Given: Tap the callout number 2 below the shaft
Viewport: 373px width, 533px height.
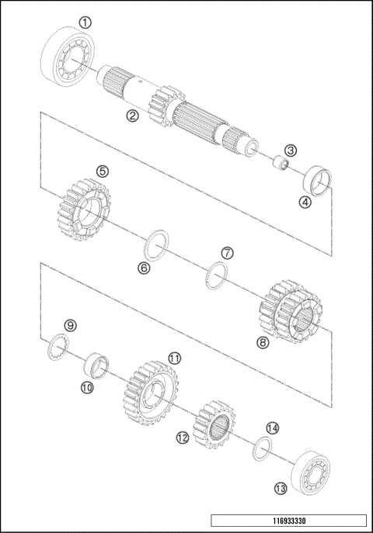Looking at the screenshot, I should pos(133,116).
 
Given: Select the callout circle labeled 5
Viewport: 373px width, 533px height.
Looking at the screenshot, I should pos(102,171).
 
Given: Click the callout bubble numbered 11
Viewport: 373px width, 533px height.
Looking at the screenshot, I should pos(175,358).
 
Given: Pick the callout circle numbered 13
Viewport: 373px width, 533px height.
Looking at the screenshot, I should pos(280,488).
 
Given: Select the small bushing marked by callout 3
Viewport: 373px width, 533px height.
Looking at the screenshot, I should pos(280,165).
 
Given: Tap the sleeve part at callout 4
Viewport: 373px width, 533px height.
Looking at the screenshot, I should pos(316,179).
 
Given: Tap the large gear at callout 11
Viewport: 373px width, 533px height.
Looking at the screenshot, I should pos(150,395).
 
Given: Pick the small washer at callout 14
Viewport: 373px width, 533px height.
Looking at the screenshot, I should pos(263,448).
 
